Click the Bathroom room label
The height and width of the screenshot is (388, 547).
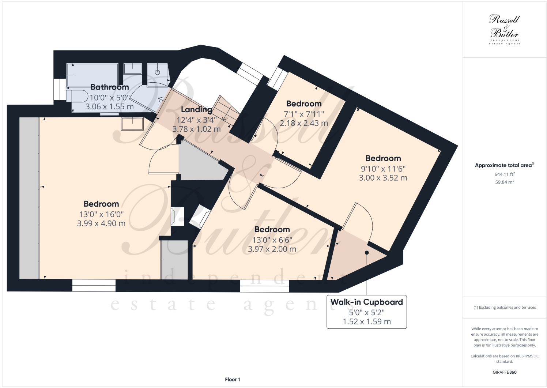(109, 87)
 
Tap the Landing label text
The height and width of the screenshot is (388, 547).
(196, 109)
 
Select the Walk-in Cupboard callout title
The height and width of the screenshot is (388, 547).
(366, 302)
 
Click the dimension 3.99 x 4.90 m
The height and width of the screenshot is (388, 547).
(101, 223)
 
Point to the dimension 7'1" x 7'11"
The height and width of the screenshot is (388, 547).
(304, 114)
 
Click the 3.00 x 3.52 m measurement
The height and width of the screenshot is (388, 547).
(383, 178)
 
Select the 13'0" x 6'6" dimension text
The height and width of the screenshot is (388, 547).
(272, 240)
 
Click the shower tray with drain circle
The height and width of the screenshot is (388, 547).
(158, 75)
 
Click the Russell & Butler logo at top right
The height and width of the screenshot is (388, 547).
(504, 29)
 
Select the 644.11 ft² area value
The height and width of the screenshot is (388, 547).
(504, 174)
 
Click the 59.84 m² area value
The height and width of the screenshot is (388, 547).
(504, 182)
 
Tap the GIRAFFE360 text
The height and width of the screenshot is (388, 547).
(504, 372)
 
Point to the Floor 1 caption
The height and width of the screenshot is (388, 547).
(233, 380)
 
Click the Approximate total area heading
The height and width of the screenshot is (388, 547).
(504, 165)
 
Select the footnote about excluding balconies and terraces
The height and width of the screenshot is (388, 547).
(504, 308)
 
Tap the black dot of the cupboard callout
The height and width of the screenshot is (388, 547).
(367, 252)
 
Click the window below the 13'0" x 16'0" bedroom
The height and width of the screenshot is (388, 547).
(94, 285)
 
